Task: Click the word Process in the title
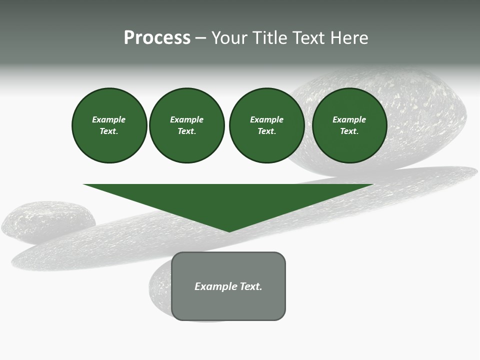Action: pyautogui.click(x=157, y=37)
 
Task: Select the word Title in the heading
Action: pyautogui.click(x=271, y=38)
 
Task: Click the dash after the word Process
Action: pyautogui.click(x=200, y=38)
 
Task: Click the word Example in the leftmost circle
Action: pyautogui.click(x=108, y=119)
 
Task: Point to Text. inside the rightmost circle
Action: pyautogui.click(x=349, y=131)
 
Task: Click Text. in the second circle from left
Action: pyautogui.click(x=186, y=131)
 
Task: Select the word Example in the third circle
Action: pyautogui.click(x=266, y=119)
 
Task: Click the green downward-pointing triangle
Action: pyautogui.click(x=228, y=200)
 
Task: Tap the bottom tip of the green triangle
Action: pyautogui.click(x=229, y=231)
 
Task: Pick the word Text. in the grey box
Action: pyautogui.click(x=251, y=286)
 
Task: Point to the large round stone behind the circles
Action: pyautogui.click(x=425, y=115)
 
